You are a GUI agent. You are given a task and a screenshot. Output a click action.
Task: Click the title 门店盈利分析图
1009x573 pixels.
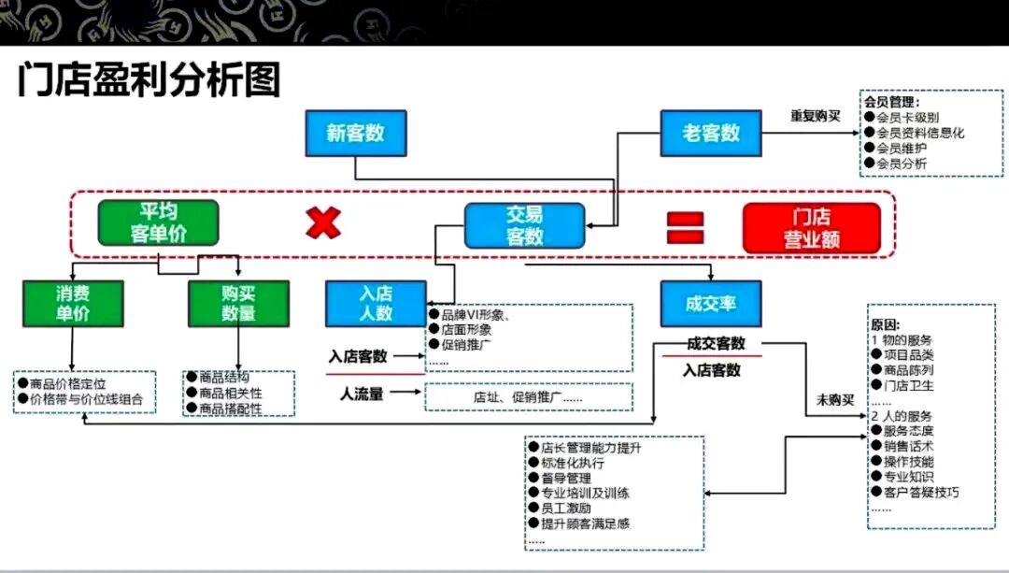tap(149, 81)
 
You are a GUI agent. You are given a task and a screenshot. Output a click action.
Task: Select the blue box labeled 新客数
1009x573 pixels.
tap(355, 133)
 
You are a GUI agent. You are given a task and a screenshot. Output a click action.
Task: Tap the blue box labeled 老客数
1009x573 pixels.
tap(711, 133)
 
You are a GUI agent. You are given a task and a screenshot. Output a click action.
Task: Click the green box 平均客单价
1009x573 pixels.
tap(158, 223)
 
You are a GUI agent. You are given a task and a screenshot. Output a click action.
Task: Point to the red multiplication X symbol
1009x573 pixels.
tap(323, 223)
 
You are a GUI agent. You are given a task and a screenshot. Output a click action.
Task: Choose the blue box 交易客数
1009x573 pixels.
tap(524, 226)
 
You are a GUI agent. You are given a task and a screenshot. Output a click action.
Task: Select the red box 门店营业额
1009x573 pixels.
tap(811, 228)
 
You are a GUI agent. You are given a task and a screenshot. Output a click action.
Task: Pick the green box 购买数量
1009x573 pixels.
tap(238, 303)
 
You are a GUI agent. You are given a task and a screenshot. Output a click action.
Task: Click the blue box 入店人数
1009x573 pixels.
tap(376, 303)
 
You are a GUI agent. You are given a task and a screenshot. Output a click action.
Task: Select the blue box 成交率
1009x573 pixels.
tap(711, 304)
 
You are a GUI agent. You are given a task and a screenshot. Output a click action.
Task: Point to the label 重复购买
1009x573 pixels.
tap(815, 116)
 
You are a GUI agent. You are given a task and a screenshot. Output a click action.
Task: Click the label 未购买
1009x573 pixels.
tap(835, 400)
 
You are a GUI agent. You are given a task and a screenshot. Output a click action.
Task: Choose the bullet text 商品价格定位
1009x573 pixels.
tap(68, 383)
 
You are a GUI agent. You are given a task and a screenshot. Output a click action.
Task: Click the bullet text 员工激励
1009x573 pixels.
tap(565, 508)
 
